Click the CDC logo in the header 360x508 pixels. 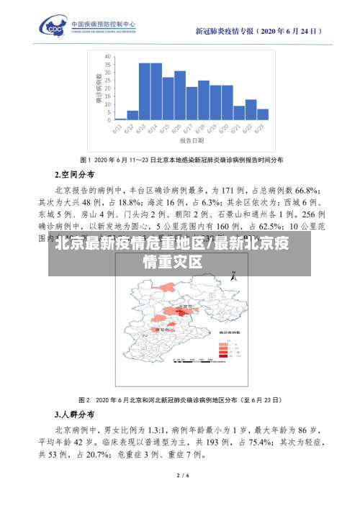pos(55,30)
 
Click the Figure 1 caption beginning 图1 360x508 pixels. pos(180,159)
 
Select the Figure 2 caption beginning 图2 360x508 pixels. pos(180,399)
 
